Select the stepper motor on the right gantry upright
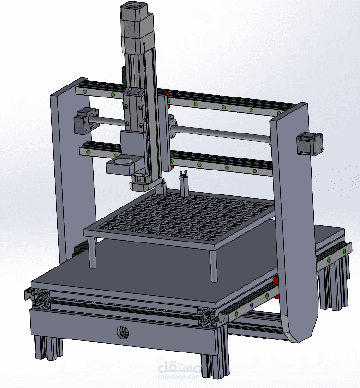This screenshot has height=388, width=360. pos(310,144)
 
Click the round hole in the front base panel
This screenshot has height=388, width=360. pos(123,332)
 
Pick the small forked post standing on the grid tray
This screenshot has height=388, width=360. pos(183,183)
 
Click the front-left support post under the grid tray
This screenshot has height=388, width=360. pos(92,253)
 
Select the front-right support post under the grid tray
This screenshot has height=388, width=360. pos(213,266)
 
